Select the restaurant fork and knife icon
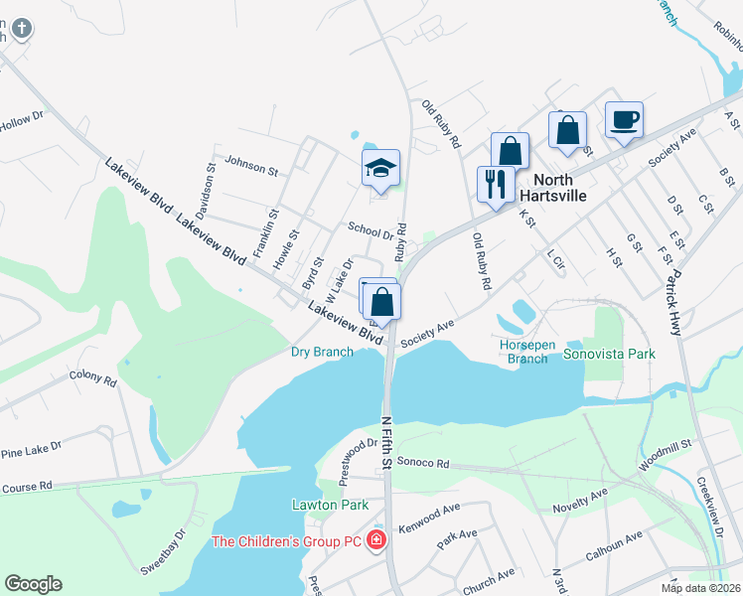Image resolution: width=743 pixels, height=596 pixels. pyautogui.click(x=495, y=184)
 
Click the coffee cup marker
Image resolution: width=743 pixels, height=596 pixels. pyautogui.click(x=623, y=120)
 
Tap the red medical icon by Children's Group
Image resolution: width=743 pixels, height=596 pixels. pyautogui.click(x=375, y=540)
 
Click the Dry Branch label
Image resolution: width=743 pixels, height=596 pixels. pyautogui.click(x=321, y=352)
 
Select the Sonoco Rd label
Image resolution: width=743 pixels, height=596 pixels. pyautogui.click(x=423, y=463)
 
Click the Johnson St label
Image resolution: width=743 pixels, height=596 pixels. pyautogui.click(x=251, y=164)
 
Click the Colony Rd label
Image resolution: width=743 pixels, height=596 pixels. pyautogui.click(x=93, y=378)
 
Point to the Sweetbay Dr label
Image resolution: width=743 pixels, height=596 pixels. pyautogui.click(x=165, y=550)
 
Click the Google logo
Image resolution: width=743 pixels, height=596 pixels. pyautogui.click(x=33, y=584)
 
